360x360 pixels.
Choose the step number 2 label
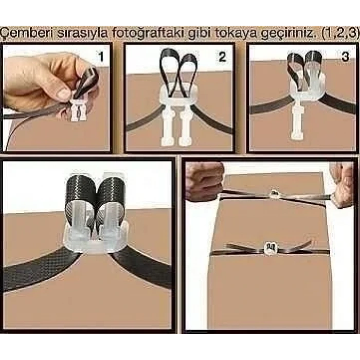coord(222,57)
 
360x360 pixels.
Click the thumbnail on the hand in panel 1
coord(63,93)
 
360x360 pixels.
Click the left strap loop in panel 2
coord(169,72)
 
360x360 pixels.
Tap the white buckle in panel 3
coord(300,111)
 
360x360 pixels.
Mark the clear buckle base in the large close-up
coord(95,242)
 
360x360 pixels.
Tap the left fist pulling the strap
coord(204,183)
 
